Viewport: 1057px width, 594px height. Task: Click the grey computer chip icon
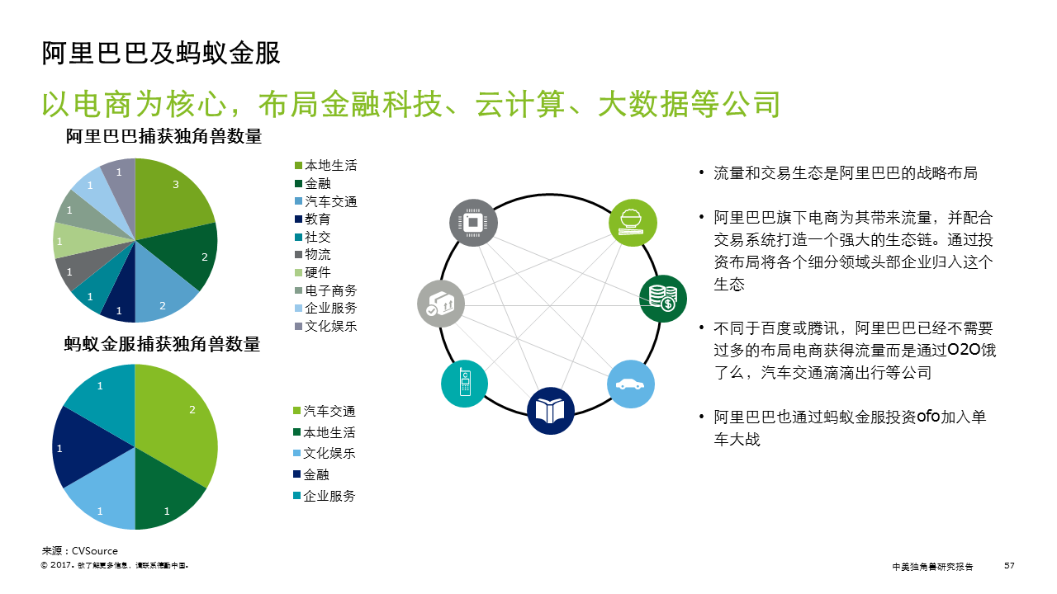coord(473,223)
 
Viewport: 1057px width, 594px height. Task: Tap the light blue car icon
coord(632,384)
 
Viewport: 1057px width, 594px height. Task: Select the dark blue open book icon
coord(551,411)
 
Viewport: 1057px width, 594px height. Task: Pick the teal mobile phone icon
coord(465,384)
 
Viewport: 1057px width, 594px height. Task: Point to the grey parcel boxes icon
coord(441,304)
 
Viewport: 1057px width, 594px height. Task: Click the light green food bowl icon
coord(633,223)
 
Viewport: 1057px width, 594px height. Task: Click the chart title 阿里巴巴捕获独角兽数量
coord(164,137)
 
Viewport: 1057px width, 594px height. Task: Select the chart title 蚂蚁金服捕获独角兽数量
coord(162,344)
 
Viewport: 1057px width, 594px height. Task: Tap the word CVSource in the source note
coord(95,551)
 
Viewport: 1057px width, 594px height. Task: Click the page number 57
coord(1009,566)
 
